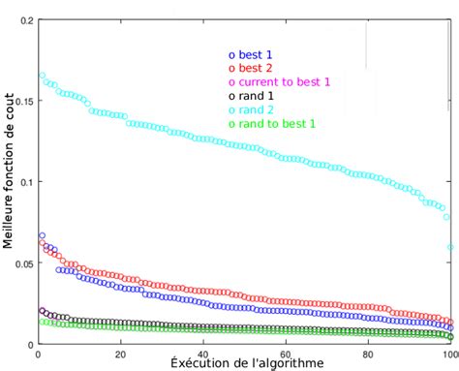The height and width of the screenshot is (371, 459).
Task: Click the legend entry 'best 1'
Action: (x=253, y=55)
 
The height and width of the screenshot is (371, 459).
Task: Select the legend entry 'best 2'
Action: (x=253, y=69)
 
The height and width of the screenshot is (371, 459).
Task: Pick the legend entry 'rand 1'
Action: (x=253, y=96)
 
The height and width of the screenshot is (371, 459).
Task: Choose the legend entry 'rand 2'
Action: (x=253, y=109)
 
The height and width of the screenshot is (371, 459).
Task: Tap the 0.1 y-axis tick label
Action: (x=24, y=181)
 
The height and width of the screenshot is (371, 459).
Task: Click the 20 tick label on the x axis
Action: (x=119, y=352)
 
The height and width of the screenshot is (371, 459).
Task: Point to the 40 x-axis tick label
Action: (x=202, y=352)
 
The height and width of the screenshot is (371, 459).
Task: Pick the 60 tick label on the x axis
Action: (x=286, y=352)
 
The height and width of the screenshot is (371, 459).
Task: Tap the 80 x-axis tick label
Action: (x=369, y=352)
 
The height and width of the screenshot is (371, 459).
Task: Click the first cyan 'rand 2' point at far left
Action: (x=42, y=75)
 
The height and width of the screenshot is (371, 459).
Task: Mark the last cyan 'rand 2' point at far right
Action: (x=451, y=247)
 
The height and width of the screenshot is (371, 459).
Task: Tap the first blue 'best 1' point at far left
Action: (x=42, y=235)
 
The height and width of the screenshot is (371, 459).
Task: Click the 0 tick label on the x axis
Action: (x=37, y=352)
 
